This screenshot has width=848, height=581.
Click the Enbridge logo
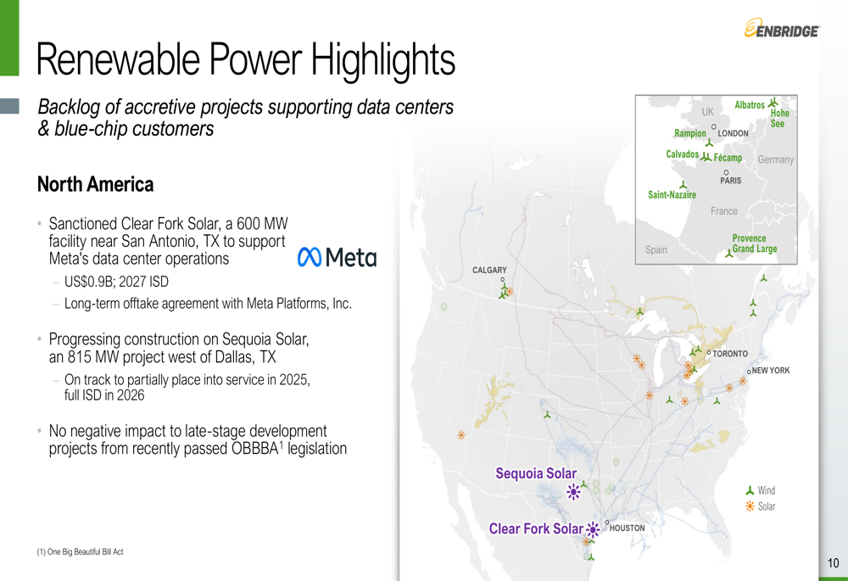[782, 28]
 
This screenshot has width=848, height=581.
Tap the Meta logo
[337, 257]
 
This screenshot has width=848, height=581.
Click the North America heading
[95, 184]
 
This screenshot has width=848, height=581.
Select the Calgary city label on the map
[489, 270]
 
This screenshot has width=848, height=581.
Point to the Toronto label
[730, 354]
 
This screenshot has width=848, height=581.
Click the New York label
[771, 371]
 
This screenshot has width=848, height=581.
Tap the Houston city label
[627, 528]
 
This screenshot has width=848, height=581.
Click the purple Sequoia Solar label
[536, 473]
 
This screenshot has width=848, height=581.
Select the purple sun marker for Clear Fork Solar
[593, 529]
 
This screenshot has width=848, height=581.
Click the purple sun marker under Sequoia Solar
[573, 492]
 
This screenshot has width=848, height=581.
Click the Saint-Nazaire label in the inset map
[672, 195]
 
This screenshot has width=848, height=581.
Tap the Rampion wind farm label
[690, 133]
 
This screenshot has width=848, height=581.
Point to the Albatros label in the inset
[750, 105]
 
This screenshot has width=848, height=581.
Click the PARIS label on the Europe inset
[731, 181]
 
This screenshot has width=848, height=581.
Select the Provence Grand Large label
[755, 243]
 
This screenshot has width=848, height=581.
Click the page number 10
[834, 563]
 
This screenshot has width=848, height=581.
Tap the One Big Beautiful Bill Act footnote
[80, 552]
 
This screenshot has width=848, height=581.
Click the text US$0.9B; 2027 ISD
[116, 282]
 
